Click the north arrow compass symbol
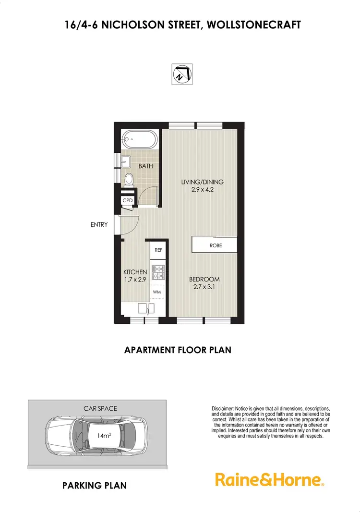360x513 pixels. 182,74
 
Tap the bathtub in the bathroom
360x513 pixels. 138,142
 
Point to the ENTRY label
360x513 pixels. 99,224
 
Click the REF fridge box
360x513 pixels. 158,250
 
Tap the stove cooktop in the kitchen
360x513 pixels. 158,272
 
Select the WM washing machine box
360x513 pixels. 157,292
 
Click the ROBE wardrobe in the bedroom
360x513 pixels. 215,245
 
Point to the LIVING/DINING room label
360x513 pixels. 202,182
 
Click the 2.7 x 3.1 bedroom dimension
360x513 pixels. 204,287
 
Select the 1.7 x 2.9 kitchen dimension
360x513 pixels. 135,280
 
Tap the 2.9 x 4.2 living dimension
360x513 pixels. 202,190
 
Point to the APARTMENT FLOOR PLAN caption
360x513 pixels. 178,350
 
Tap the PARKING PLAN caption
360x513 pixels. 95,486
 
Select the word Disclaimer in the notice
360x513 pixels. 223,408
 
